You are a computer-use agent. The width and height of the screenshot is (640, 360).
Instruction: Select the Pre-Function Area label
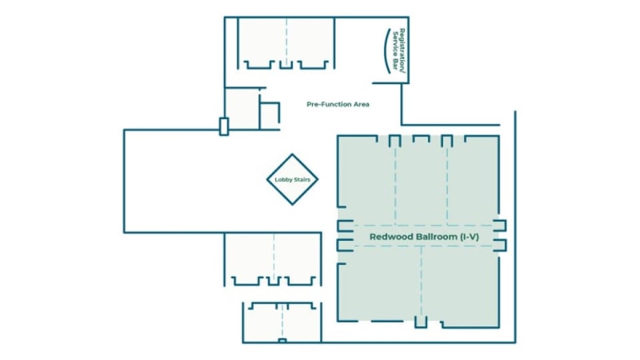(338, 104)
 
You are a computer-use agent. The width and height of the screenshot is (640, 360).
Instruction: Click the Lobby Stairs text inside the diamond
(292, 179)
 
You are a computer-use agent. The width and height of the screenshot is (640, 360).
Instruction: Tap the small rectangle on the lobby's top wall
(224, 126)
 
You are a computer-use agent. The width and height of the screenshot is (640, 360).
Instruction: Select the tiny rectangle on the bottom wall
(282, 341)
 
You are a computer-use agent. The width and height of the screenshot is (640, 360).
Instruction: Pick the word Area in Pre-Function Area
(360, 104)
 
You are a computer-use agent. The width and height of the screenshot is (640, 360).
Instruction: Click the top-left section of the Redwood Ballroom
(367, 180)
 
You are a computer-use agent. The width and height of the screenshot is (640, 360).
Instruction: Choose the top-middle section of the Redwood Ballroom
(421, 180)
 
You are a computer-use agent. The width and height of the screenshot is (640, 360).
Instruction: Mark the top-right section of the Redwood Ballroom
(472, 180)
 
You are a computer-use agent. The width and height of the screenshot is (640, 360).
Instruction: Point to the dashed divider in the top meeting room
(287, 40)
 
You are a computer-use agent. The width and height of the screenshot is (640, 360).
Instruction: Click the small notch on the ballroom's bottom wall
(420, 323)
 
